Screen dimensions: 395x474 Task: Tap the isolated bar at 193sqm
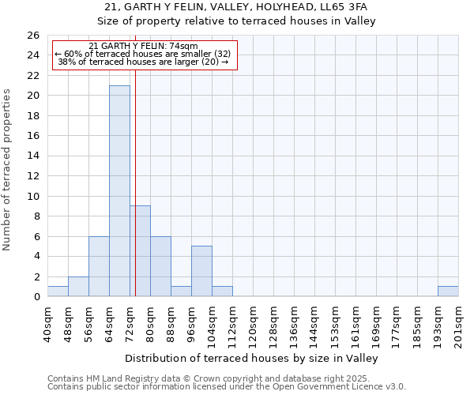click(448, 292)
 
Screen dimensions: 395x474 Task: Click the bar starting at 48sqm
click(78, 287)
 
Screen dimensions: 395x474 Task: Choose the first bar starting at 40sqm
click(58, 292)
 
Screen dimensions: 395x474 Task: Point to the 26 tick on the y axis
click(34, 36)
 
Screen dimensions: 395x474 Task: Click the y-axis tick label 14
click(34, 156)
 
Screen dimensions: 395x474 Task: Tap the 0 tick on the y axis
click(36, 297)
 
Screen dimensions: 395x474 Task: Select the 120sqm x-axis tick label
click(253, 323)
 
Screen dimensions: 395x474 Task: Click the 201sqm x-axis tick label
click(458, 323)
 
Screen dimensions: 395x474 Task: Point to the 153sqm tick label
click(335, 323)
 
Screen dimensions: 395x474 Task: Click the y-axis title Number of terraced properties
click(7, 169)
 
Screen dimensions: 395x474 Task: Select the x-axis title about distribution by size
click(252, 358)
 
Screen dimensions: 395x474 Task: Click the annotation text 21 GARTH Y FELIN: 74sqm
click(143, 47)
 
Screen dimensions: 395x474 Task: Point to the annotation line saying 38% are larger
click(143, 62)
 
